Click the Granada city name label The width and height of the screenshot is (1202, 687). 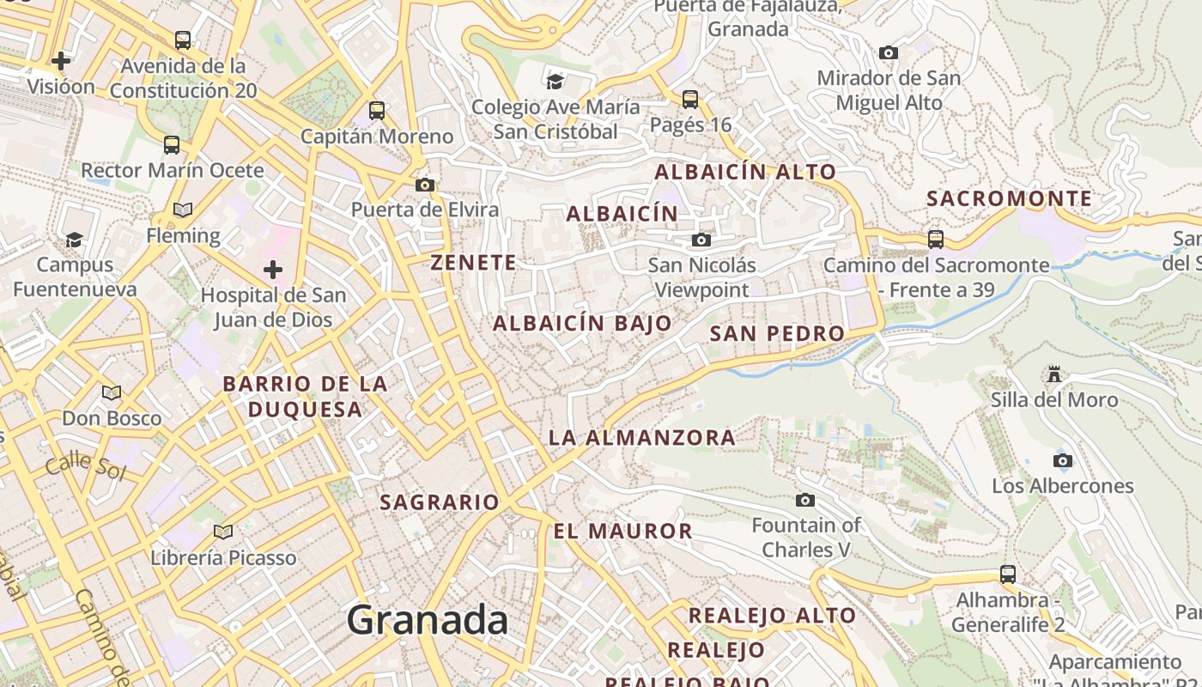pos(428,619)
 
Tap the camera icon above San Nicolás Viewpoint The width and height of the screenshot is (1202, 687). pos(701,240)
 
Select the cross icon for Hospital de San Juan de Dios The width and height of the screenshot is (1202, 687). pos(273,270)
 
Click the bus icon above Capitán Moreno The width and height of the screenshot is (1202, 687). pos(376,110)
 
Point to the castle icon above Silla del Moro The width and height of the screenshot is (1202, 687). pos(1054,374)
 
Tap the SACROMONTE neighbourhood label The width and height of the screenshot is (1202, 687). pos(1009,198)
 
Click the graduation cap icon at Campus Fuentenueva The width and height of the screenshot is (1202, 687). pos(75,239)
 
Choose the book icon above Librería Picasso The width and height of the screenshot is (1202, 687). pos(223,532)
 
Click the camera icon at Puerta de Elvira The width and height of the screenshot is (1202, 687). pos(424,185)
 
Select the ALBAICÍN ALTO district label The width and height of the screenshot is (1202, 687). pos(745,172)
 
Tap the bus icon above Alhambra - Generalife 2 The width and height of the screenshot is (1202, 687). pos(1008,574)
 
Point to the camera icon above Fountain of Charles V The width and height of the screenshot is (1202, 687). pos(804,500)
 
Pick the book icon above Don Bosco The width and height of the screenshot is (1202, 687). pos(112,392)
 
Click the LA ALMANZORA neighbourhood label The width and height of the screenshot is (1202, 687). pos(641,437)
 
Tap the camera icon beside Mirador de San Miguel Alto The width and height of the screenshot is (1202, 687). pos(889,52)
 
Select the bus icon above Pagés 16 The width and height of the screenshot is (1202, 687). pos(690,99)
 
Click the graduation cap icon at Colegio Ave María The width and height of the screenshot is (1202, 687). pos(555,82)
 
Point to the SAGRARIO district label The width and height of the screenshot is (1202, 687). pos(439,502)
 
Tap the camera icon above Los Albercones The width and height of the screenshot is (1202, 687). pos(1062,460)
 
